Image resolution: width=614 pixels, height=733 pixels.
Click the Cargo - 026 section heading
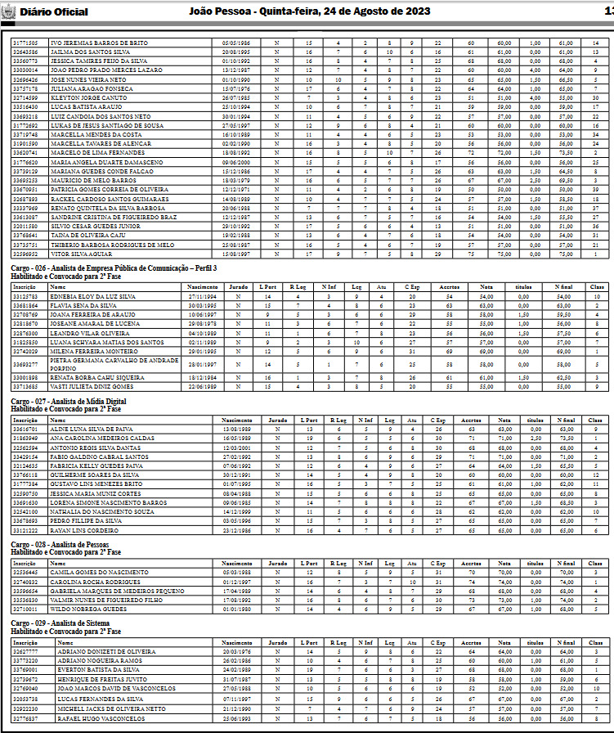tap(114, 268)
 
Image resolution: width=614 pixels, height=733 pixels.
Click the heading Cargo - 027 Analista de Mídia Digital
tap(68, 402)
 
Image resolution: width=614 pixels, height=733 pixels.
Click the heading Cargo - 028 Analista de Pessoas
tap(61, 544)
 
